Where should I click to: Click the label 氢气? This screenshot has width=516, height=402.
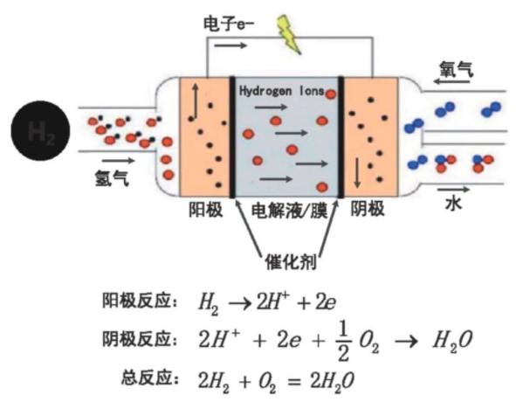click(113, 177)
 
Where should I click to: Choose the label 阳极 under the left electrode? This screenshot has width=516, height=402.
click(205, 210)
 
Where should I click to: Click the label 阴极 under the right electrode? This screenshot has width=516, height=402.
click(368, 210)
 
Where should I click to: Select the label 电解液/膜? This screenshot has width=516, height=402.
click(287, 211)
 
